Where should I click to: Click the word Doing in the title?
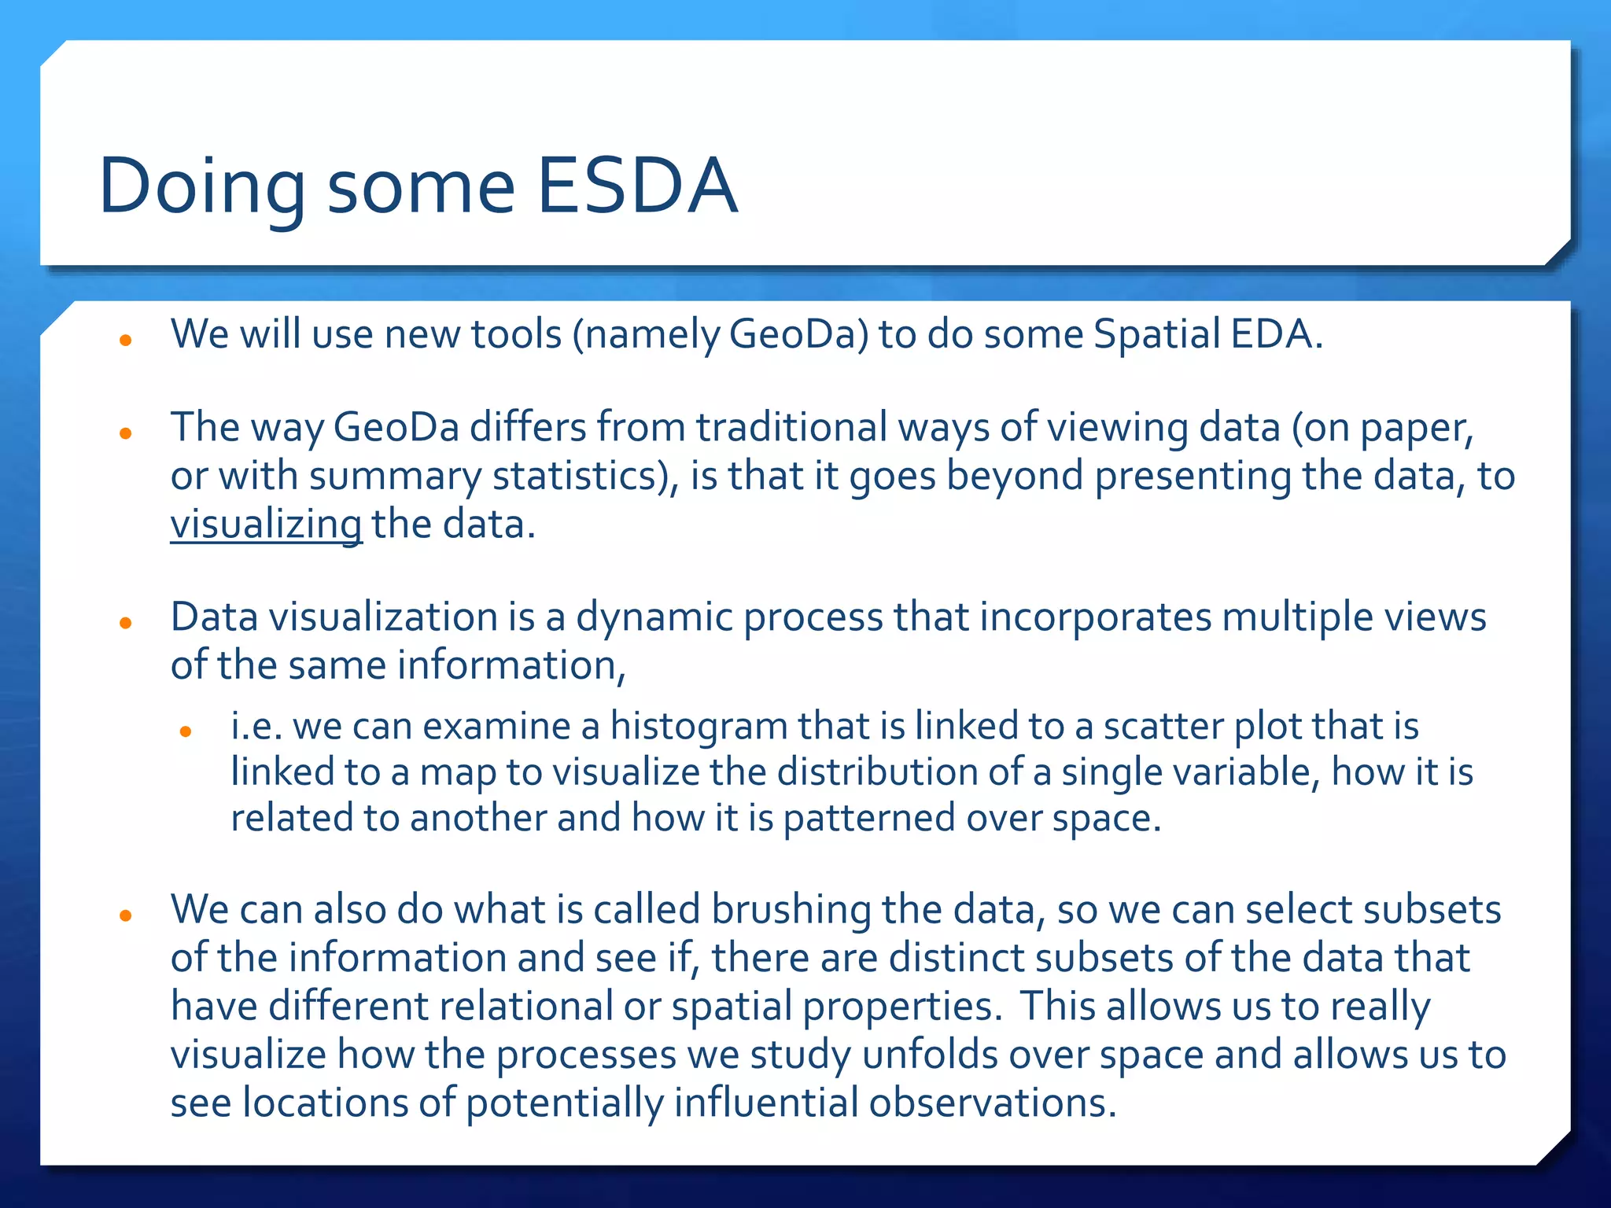[201, 187]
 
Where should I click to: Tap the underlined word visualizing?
[266, 525]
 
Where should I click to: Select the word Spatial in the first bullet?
[1156, 334]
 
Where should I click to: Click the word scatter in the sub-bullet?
[1163, 726]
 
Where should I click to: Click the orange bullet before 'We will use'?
[125, 341]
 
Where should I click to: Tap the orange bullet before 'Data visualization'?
[125, 623]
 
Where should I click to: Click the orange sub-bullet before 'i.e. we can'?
[186, 731]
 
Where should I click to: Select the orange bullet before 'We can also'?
[125, 915]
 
